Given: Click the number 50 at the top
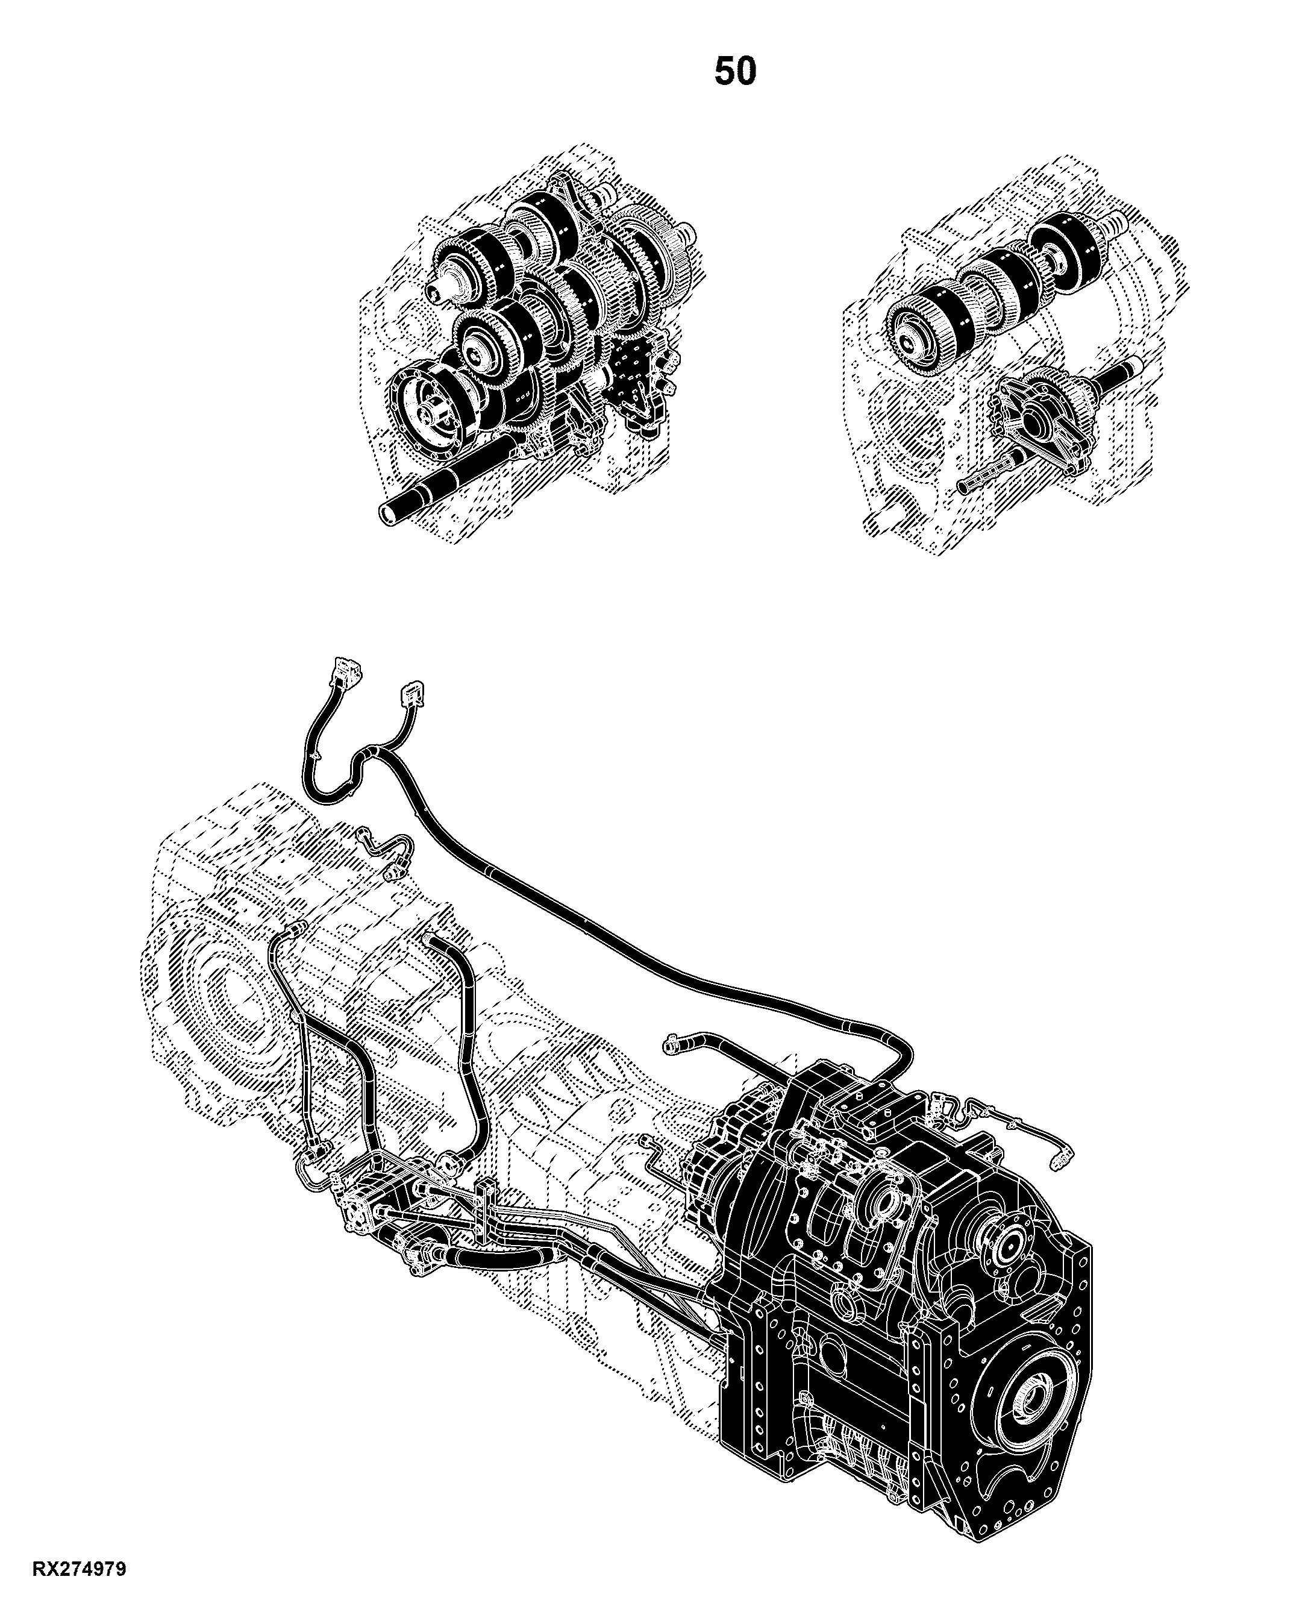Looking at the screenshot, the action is [735, 71].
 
